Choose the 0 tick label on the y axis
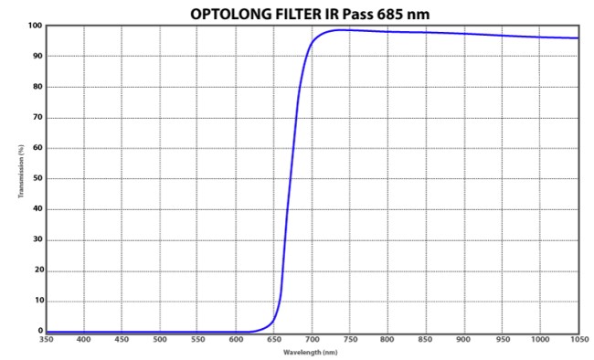(39, 331)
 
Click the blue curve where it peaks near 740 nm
(342, 30)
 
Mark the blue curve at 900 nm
(464, 34)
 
